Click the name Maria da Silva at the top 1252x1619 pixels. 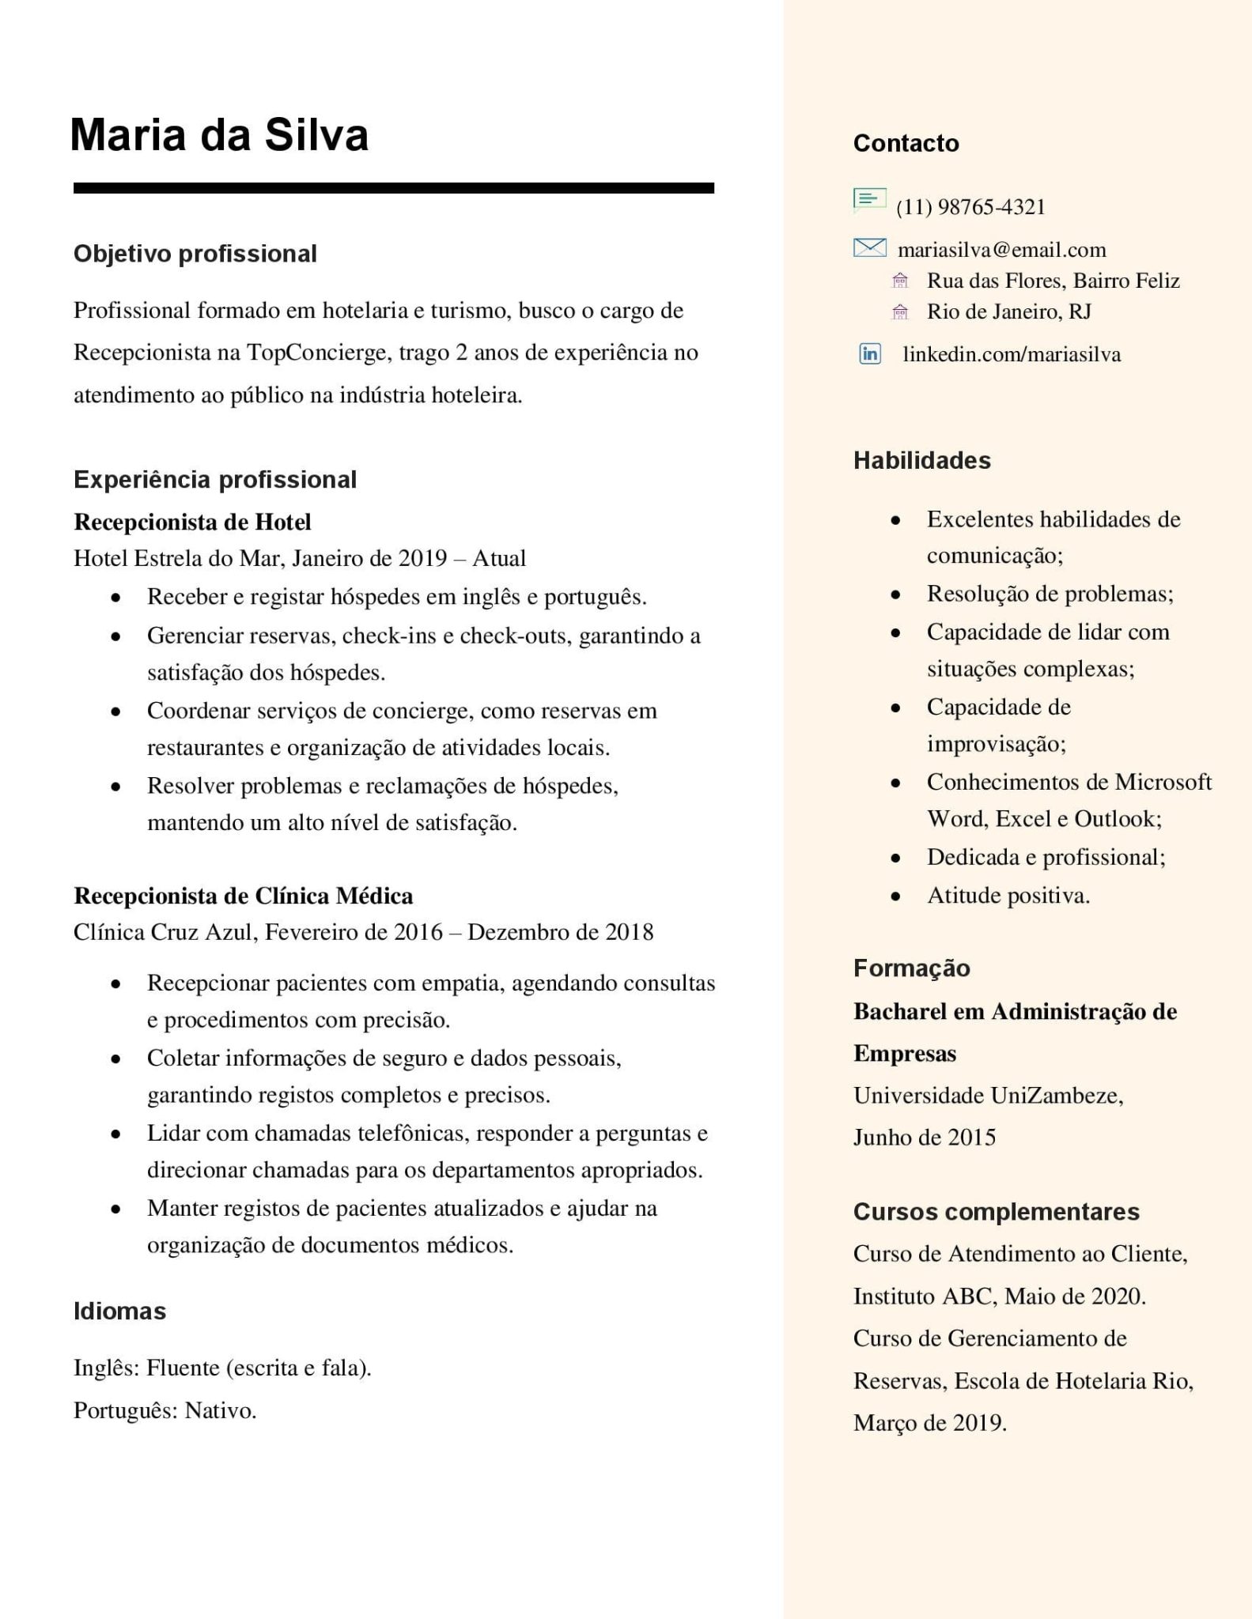[x=219, y=135]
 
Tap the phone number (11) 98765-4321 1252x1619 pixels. [x=970, y=207]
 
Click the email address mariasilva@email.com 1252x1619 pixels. [x=1001, y=250]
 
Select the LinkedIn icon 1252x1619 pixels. [x=870, y=353]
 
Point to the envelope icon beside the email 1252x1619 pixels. [x=869, y=248]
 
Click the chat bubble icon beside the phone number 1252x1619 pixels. [x=869, y=200]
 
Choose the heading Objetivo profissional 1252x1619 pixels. [x=195, y=254]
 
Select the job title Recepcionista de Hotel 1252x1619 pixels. [x=192, y=522]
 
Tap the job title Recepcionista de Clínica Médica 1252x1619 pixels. [x=244, y=896]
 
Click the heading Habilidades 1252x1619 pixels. [x=921, y=460]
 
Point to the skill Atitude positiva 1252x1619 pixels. [x=1008, y=896]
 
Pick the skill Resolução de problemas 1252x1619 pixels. [x=1050, y=594]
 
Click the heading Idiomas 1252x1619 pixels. [x=119, y=1311]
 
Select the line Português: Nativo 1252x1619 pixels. [x=165, y=1410]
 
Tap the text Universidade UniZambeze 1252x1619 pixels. [x=988, y=1096]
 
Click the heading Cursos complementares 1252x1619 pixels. [x=996, y=1212]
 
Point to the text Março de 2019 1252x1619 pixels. [x=929, y=1423]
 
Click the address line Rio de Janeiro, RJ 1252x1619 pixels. [x=1008, y=311]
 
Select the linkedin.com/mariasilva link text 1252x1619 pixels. [x=1012, y=354]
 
